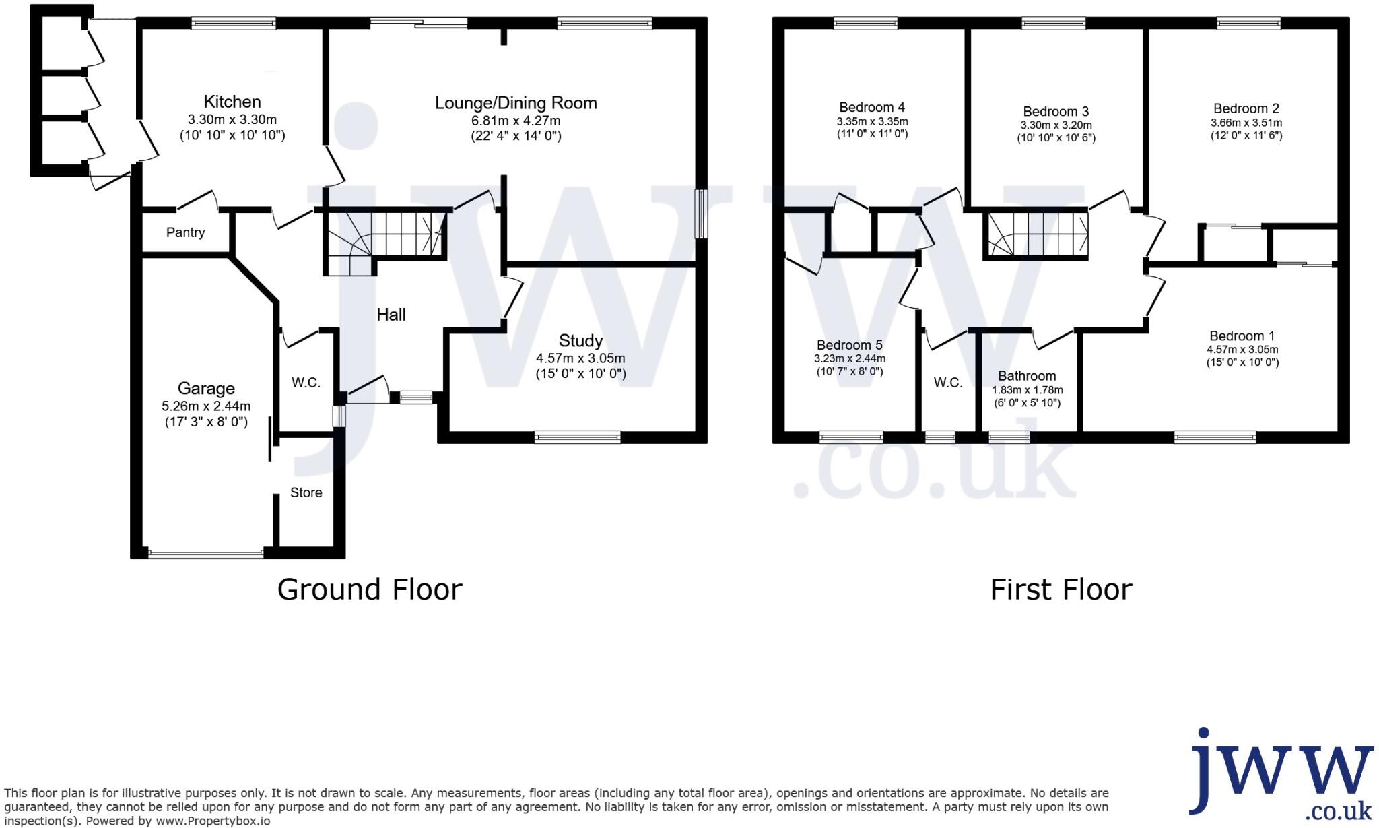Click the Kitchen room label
232,102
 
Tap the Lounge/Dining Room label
516,103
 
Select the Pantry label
185,232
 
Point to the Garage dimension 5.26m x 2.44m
206,406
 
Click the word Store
306,492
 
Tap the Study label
580,340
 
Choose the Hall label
391,315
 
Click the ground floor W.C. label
306,383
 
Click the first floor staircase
1036,236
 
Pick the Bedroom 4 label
872,107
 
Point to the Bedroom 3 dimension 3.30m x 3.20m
1056,125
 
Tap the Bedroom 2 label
1246,108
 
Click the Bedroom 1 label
1242,336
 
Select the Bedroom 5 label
850,345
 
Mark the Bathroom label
1027,376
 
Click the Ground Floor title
370,590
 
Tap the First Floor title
1061,590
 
